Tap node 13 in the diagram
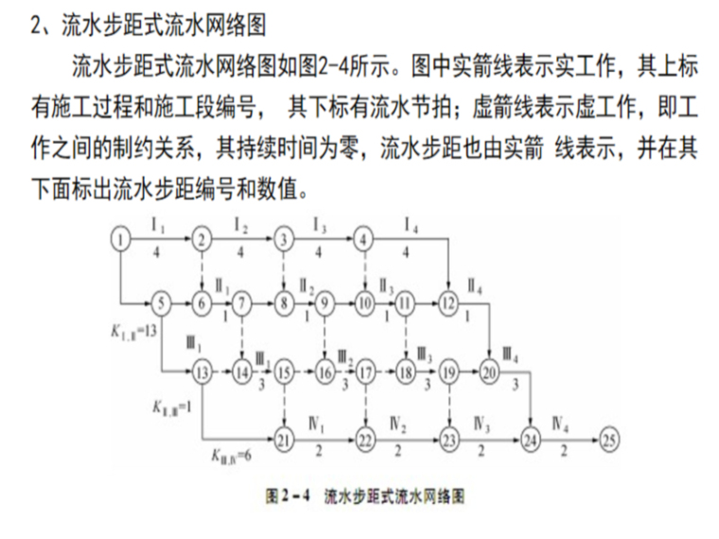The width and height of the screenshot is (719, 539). pos(201,371)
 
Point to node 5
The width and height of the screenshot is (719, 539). pos(161,304)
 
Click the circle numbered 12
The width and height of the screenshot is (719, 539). pos(447,304)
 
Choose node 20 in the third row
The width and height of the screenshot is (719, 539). pos(488,371)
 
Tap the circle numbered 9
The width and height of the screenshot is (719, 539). pos(324,304)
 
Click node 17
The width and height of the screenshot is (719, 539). pos(365,371)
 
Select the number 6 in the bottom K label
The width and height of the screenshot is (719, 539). pos(249,458)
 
